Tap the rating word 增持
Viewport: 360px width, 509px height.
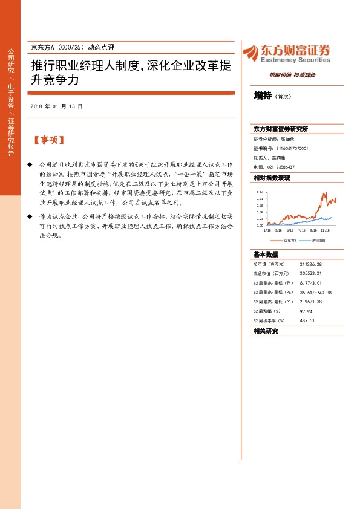click(262, 96)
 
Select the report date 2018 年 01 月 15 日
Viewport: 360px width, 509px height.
click(56, 106)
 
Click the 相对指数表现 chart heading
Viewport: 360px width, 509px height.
click(272, 178)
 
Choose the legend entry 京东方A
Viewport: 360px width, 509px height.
click(292, 240)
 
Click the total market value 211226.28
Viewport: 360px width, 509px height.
click(310, 264)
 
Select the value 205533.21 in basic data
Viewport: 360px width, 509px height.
click(310, 274)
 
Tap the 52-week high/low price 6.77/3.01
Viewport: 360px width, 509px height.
click(310, 283)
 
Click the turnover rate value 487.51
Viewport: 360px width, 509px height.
click(307, 320)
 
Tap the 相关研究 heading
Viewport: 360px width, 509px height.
click(266, 331)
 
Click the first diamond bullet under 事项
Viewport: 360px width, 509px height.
click(30, 164)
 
